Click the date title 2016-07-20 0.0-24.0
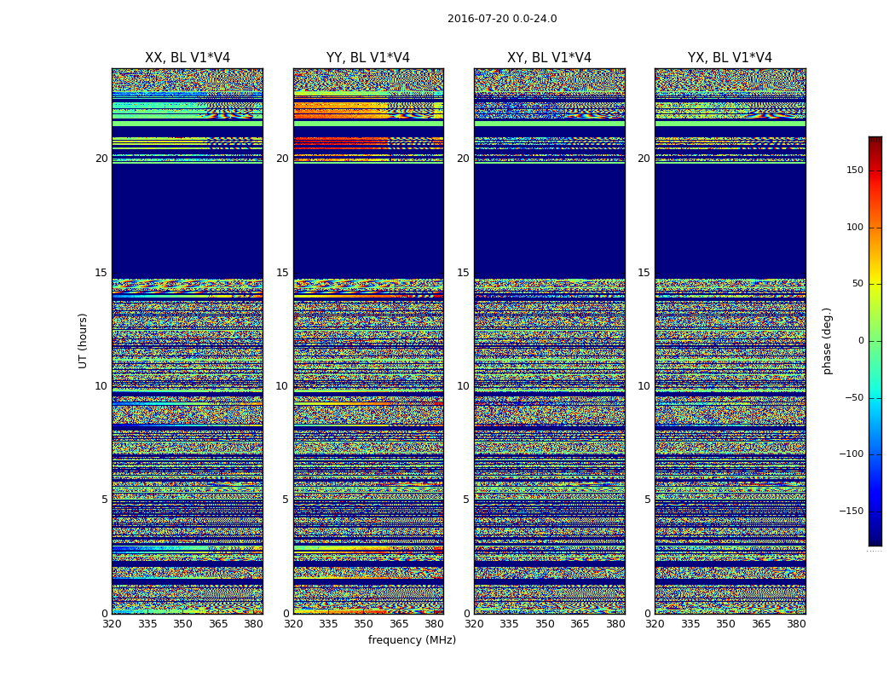pyautogui.click(x=502, y=19)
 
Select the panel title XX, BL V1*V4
pyautogui.click(x=188, y=58)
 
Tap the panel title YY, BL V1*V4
pyautogui.click(x=368, y=58)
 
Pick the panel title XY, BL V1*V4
pyautogui.click(x=549, y=58)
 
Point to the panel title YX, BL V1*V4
pyautogui.click(x=730, y=58)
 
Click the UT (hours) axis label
pyautogui.click(x=84, y=340)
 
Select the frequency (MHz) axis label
pyautogui.click(x=412, y=640)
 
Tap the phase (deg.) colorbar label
pyautogui.click(x=827, y=341)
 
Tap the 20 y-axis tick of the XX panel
pyautogui.click(x=101, y=159)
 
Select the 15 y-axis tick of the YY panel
pyautogui.click(x=282, y=273)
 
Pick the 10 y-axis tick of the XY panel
pyautogui.click(x=463, y=386)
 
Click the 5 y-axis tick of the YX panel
pyautogui.click(x=647, y=500)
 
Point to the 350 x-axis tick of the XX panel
pyautogui.click(x=182, y=624)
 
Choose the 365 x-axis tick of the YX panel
pyautogui.click(x=761, y=624)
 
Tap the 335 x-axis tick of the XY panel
pyautogui.click(x=509, y=624)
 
